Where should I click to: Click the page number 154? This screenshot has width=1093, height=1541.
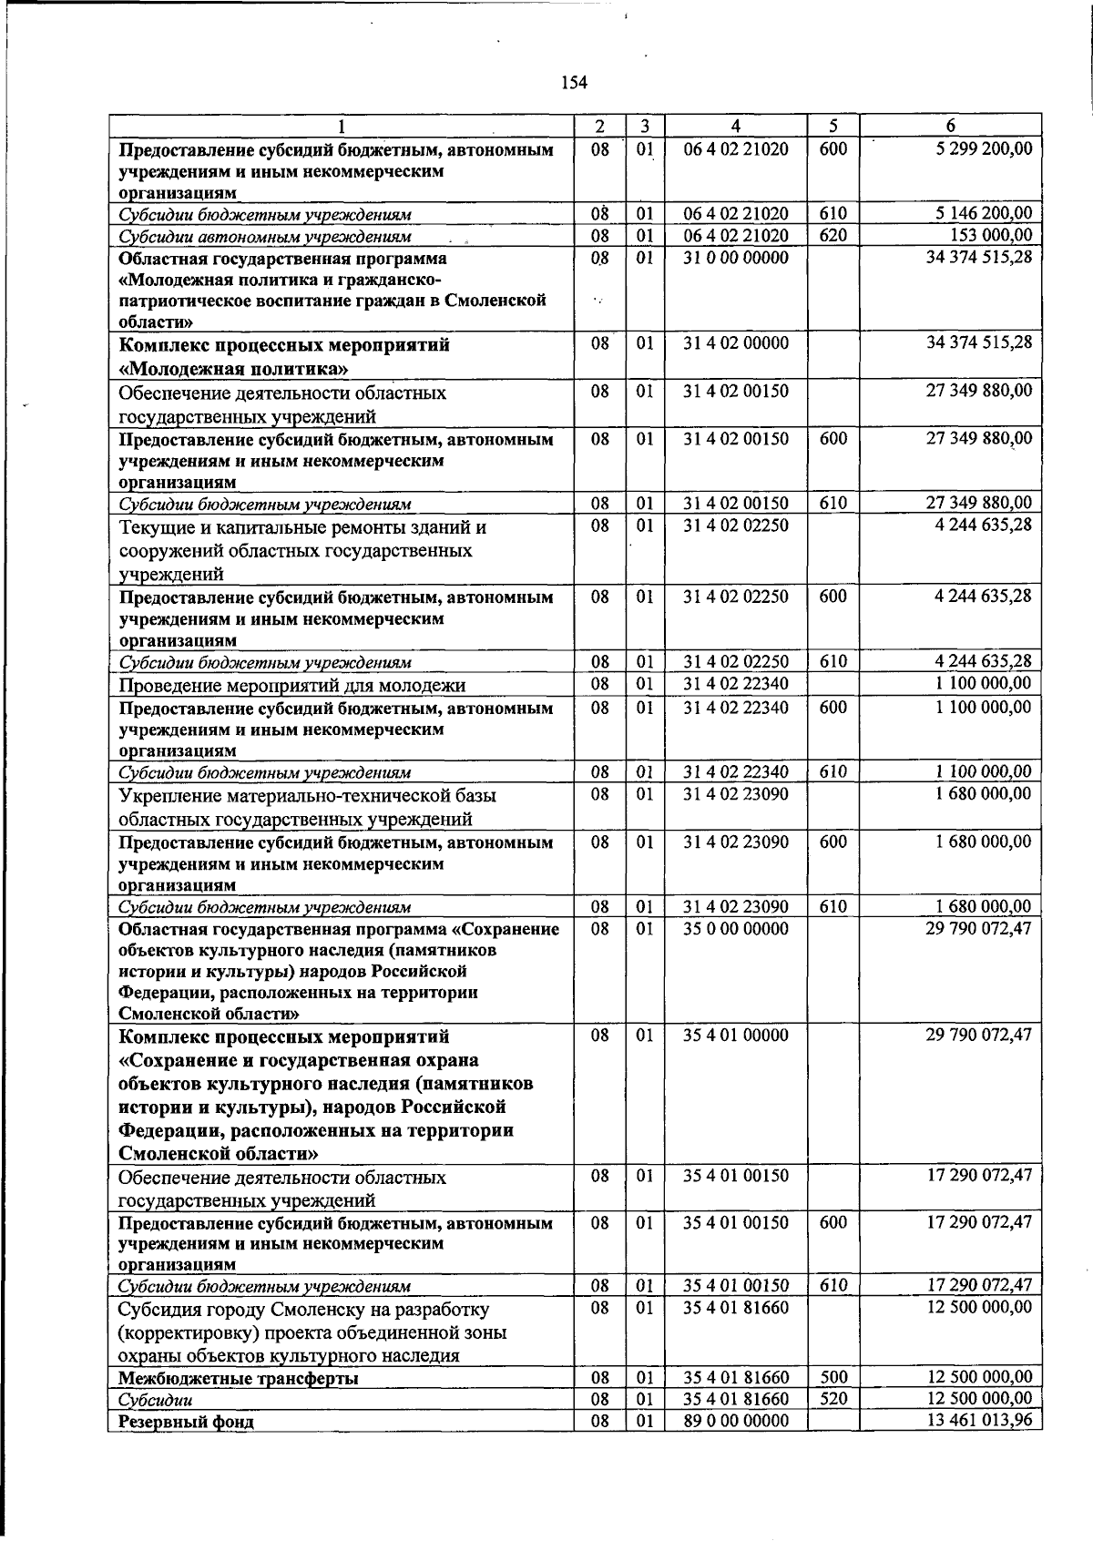tap(574, 84)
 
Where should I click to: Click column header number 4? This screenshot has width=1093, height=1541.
tap(735, 127)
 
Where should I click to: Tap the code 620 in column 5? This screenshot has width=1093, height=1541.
tap(833, 236)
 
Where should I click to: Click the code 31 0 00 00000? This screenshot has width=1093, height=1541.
tap(736, 258)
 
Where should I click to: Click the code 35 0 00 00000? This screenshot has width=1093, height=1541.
tap(736, 929)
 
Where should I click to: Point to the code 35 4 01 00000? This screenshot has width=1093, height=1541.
tap(736, 1036)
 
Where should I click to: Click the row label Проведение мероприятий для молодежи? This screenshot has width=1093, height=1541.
tap(292, 685)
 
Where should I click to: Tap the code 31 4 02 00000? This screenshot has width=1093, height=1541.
tap(736, 344)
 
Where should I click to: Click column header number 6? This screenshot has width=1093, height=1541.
tap(950, 127)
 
